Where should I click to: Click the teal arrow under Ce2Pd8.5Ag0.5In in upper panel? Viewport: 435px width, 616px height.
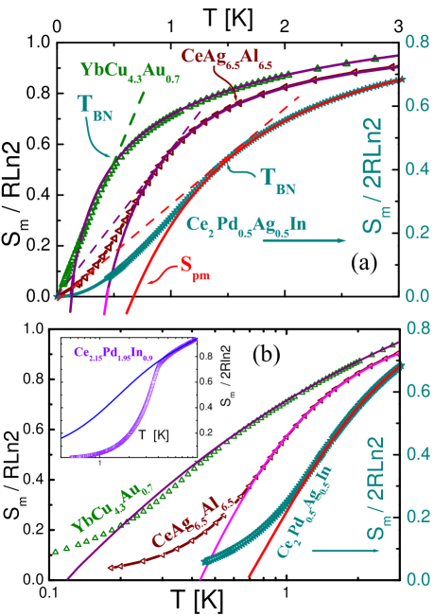(304, 240)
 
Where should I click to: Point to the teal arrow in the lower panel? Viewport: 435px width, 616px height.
(333, 551)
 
